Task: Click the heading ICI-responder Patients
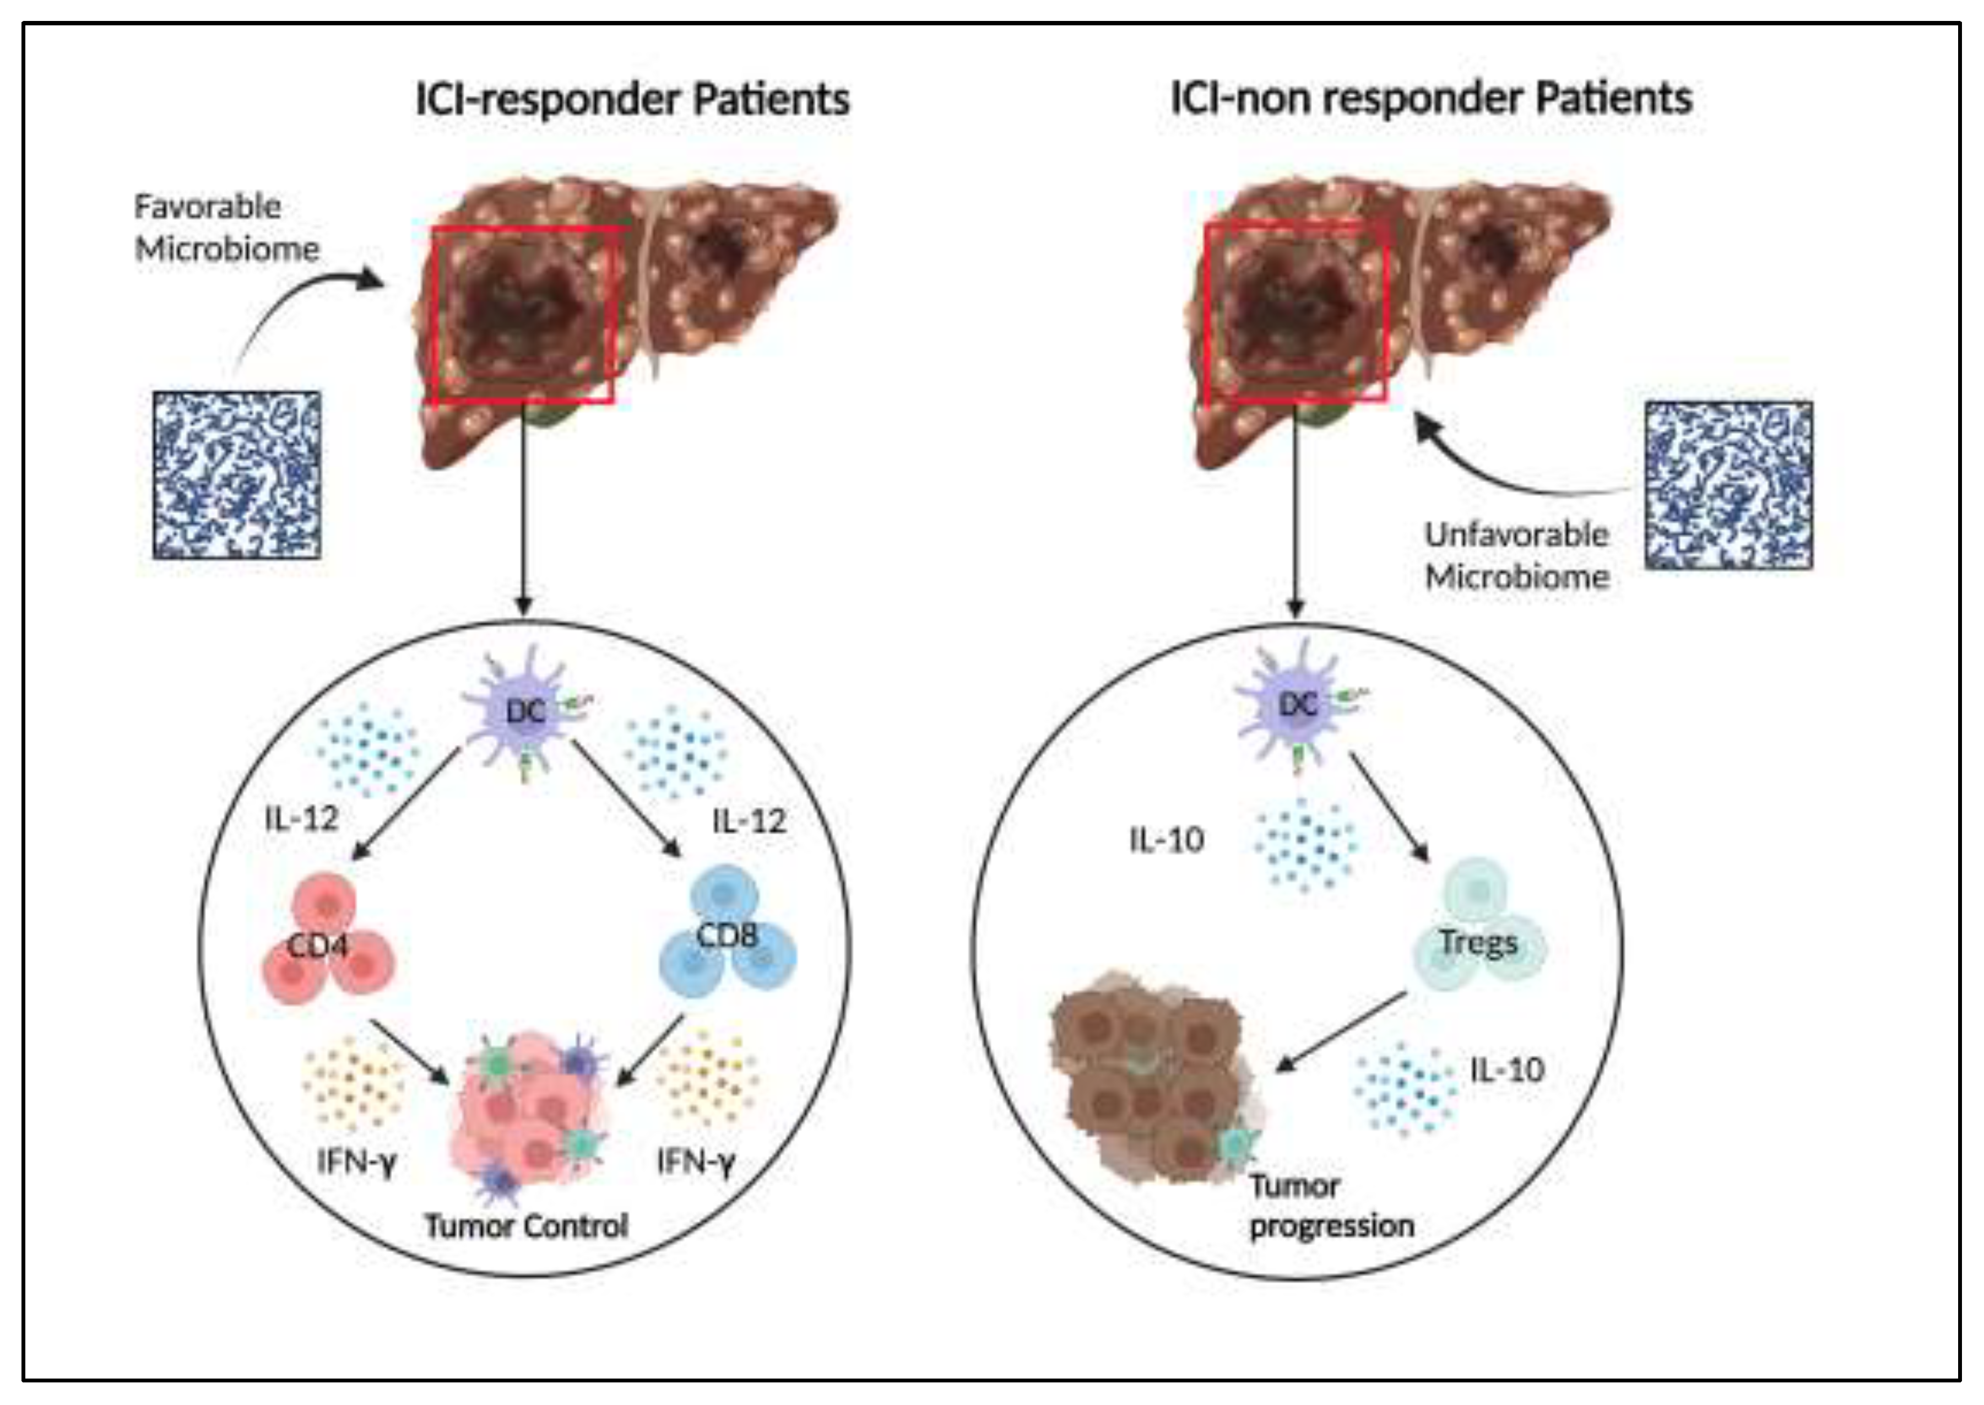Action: coord(632,99)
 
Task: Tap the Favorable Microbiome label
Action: coord(226,228)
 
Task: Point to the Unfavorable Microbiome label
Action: coord(1516,555)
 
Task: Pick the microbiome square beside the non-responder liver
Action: coord(1728,484)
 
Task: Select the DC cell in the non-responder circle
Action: coord(1297,705)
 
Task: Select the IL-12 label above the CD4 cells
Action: coord(301,818)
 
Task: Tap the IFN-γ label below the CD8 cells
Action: coord(695,1162)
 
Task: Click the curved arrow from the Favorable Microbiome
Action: coord(294,303)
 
